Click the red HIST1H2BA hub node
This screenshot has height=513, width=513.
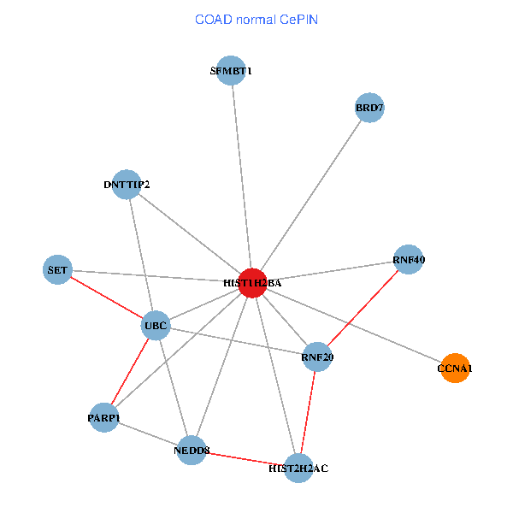pos(252,283)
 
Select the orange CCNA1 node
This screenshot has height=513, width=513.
pos(455,368)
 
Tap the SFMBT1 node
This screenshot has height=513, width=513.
pos(231,71)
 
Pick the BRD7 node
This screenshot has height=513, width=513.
pos(369,108)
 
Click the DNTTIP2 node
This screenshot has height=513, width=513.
pos(127,185)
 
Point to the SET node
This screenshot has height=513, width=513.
pos(57,269)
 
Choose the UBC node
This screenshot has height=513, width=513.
pos(156,326)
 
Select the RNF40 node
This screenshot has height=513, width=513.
pos(409,259)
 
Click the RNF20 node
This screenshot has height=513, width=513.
pos(317,357)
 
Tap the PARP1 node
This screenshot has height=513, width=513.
pos(104,418)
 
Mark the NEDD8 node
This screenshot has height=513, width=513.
pos(192,451)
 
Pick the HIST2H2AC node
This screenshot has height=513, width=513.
pos(298,469)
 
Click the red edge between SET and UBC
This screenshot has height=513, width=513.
pos(107,298)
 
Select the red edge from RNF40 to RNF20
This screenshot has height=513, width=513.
pos(363,308)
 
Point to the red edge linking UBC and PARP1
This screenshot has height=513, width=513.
pos(130,372)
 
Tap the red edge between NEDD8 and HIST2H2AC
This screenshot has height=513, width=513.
pos(245,459)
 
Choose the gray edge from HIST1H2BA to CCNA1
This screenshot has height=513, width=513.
pos(353,326)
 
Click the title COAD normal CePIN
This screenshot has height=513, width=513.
pos(256,20)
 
